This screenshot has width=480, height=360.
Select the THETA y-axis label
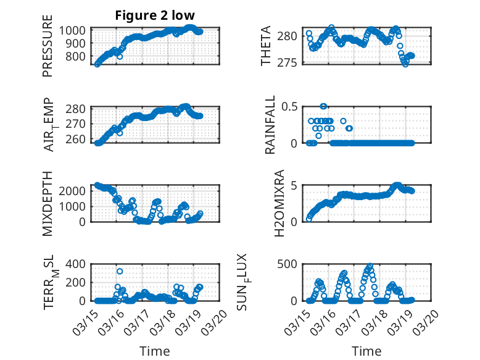266,47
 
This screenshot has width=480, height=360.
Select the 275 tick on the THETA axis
291,62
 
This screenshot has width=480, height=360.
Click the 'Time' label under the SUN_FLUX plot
366,351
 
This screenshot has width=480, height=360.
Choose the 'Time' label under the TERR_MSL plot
155,351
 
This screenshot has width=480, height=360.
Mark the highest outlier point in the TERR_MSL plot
120,271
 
